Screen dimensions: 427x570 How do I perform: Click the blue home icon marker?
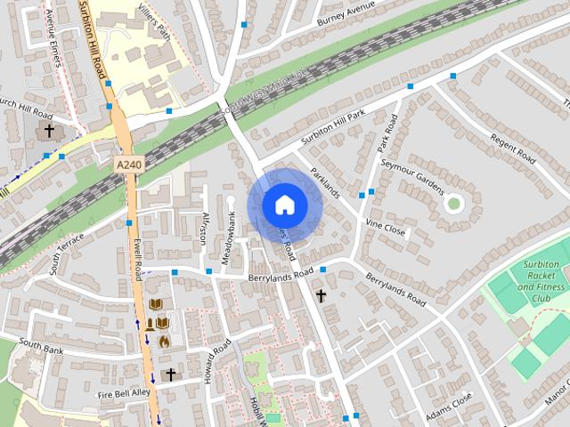click(284, 205)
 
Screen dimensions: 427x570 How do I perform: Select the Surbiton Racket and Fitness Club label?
click(541, 282)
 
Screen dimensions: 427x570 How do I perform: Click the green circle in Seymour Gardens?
click(454, 204)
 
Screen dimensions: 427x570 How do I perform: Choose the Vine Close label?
click(386, 230)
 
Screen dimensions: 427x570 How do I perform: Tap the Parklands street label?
click(325, 182)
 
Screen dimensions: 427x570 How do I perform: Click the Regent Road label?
click(512, 148)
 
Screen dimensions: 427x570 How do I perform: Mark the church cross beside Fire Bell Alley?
click(171, 375)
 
